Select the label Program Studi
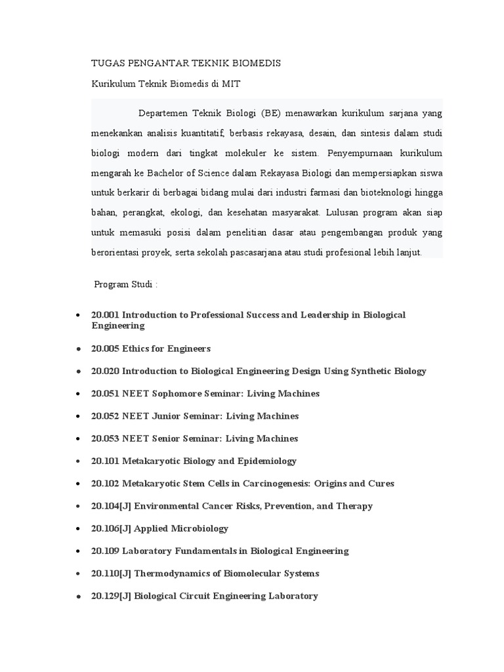tap(125, 285)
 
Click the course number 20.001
tap(105, 315)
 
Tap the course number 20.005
tap(105, 348)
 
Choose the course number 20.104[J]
tap(112, 506)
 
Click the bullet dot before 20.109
tap(79, 551)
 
